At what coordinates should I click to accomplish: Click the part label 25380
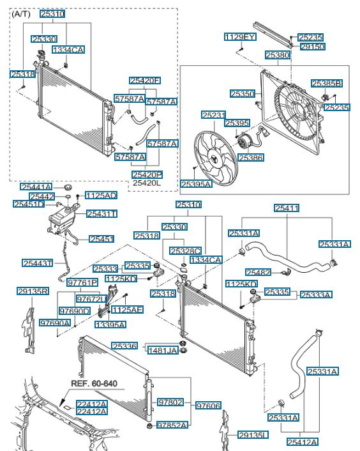click(278, 55)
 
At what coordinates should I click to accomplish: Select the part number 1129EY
click(240, 37)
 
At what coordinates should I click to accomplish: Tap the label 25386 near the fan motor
click(251, 158)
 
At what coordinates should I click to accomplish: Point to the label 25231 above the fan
click(213, 115)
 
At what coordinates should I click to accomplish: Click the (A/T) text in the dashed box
click(20, 14)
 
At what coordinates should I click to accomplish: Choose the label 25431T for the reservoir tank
click(101, 214)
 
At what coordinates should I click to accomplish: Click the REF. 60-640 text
click(94, 383)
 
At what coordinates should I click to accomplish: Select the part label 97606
click(208, 406)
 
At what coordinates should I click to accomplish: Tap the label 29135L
click(253, 435)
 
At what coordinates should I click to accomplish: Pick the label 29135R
click(33, 291)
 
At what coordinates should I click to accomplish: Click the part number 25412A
click(303, 442)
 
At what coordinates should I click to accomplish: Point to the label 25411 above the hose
click(287, 208)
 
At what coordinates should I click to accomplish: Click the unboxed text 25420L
click(147, 183)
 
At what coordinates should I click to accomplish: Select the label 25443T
click(38, 263)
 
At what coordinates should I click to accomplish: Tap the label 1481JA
click(163, 350)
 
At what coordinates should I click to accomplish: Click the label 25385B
click(327, 84)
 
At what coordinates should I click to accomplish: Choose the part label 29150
click(313, 47)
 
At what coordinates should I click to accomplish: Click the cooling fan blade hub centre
click(215, 159)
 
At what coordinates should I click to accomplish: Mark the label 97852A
click(172, 425)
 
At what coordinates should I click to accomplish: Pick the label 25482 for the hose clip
click(258, 272)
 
